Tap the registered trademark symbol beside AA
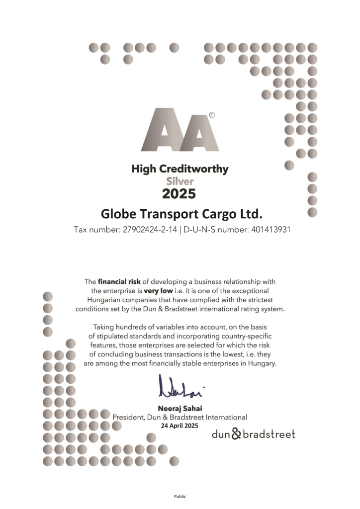tap(212, 115)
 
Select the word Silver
tap(180, 181)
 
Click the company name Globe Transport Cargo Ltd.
tap(181, 214)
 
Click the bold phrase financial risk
tap(120, 282)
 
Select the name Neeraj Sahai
tap(180, 409)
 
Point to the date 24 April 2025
tap(180, 426)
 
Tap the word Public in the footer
tap(180, 496)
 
